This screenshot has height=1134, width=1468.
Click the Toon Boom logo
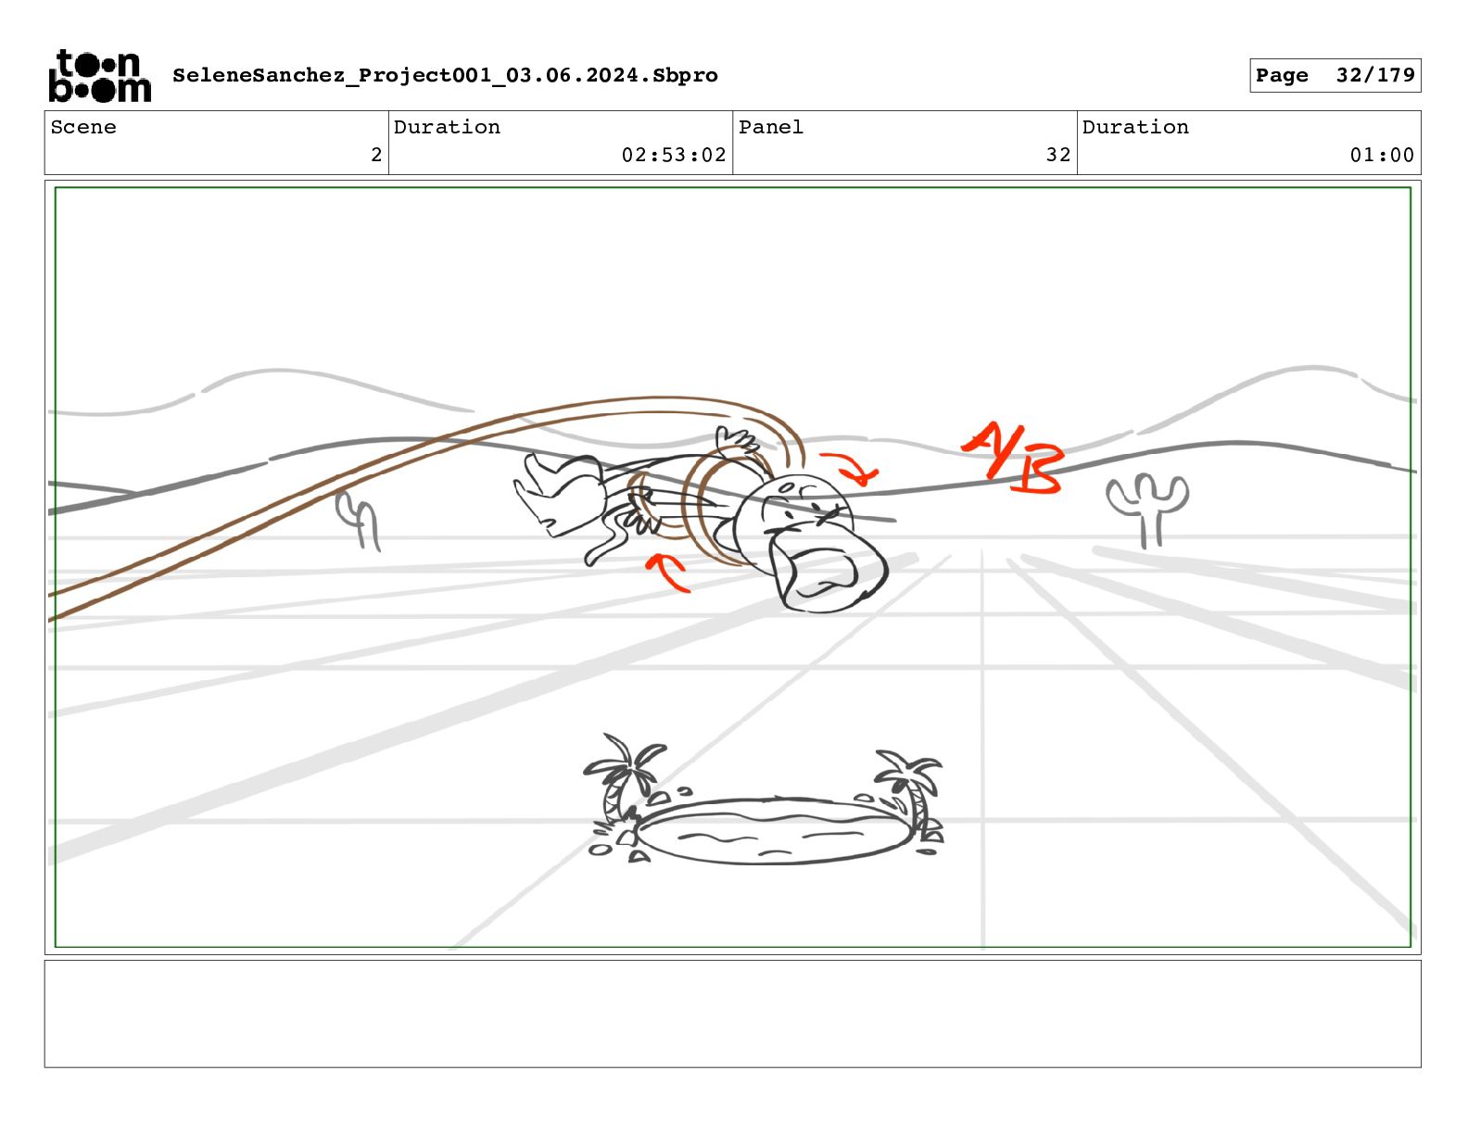coord(100,76)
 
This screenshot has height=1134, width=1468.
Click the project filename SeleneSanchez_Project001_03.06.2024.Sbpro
coord(445,75)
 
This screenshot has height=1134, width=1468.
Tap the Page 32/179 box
coord(1335,75)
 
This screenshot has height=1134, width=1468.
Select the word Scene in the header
coord(83,127)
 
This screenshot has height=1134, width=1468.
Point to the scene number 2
coord(376,155)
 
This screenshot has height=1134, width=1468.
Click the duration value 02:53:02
coord(673,155)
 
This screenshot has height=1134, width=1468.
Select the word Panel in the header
coord(770,127)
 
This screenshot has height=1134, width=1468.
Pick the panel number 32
coord(1058,155)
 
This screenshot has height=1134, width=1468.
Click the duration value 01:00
coord(1382,155)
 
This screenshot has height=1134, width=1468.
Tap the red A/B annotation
coord(1013,460)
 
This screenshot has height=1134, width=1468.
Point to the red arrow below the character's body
coord(667,573)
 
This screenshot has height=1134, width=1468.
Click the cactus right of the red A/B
coord(1147,509)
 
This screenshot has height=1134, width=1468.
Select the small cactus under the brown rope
coord(358,520)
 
